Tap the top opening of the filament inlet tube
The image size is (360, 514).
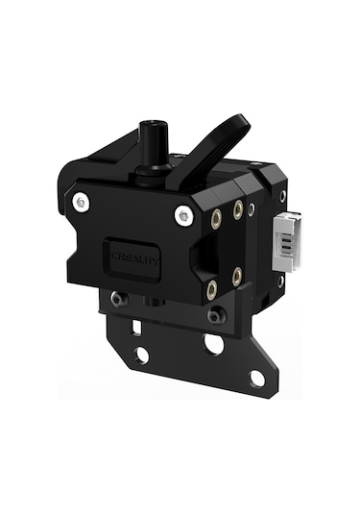tap(150, 126)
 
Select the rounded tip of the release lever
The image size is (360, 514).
tap(239, 122)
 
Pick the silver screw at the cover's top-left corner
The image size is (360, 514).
tap(82, 204)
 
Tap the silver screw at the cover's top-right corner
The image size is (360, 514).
tap(182, 216)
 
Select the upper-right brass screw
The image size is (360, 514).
tap(237, 208)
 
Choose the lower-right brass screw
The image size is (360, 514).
tap(236, 277)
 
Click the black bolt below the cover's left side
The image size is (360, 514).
tap(117, 300)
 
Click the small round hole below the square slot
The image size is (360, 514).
tap(142, 355)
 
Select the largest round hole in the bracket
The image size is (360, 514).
tap(213, 344)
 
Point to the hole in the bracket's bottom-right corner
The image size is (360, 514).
tap(257, 378)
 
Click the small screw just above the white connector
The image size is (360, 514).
tap(282, 196)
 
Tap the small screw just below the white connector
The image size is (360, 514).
tap(280, 281)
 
